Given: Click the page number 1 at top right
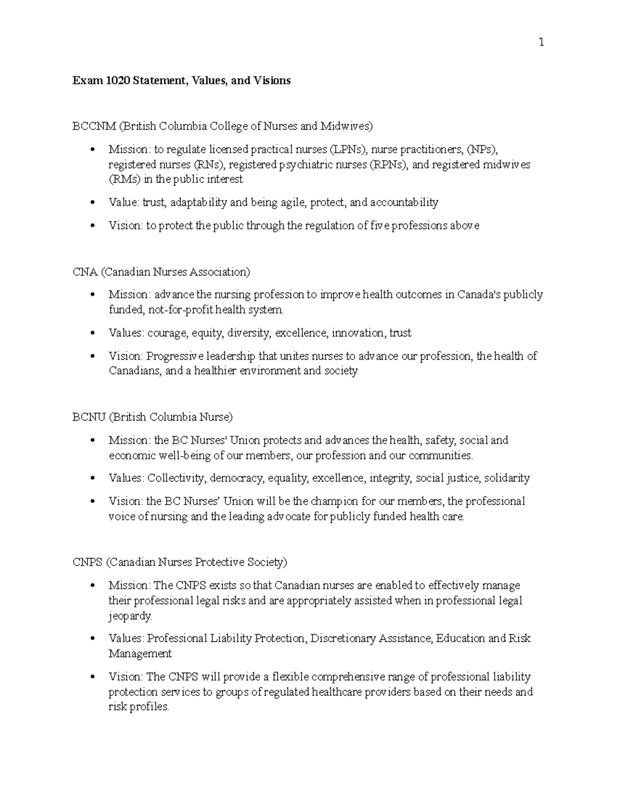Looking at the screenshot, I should pos(541,43).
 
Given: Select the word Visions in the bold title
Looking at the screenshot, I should pos(271,81).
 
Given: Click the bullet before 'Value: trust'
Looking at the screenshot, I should pos(93,203).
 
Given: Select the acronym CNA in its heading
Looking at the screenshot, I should pos(85,272).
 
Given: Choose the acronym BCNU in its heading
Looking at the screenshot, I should pos(89,417).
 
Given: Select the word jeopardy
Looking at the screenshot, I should pos(130,616).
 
